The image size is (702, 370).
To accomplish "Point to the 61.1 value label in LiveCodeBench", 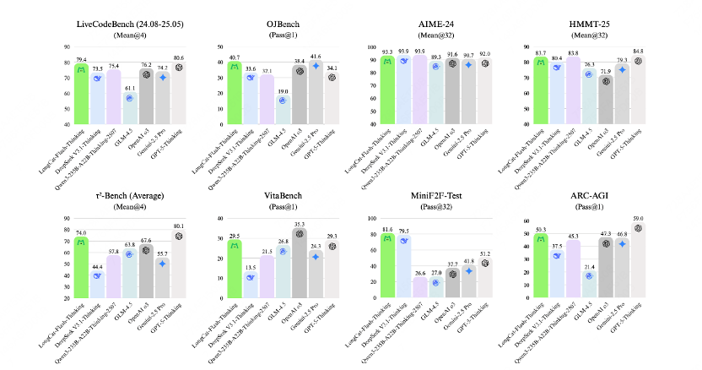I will coord(129,88).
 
